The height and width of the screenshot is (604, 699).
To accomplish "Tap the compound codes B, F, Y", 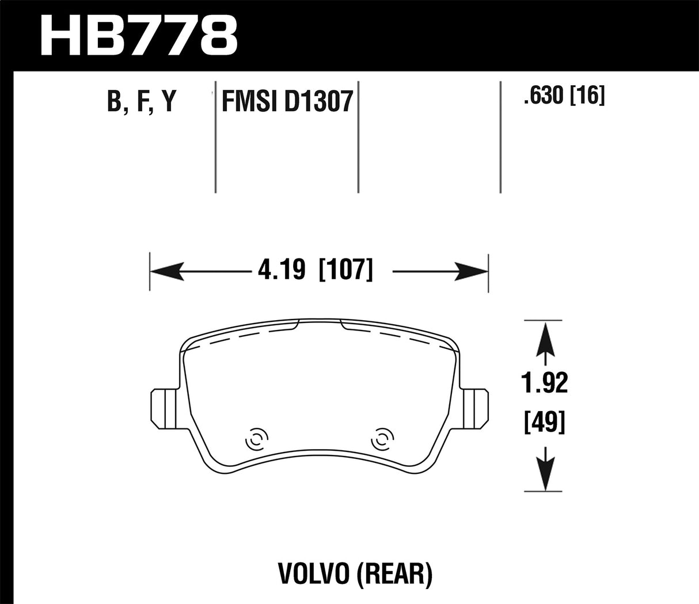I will coord(140,101).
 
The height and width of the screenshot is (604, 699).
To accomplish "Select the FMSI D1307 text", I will coord(287,102).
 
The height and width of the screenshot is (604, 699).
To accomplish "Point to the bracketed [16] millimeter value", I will coord(587,96).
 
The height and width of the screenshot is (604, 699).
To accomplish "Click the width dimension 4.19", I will coord(282,269).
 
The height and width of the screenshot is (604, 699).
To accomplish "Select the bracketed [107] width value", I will coord(346,269).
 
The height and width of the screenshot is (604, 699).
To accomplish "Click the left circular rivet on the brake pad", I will coord(254,440).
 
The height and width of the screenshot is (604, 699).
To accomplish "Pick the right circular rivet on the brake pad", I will coord(380,440).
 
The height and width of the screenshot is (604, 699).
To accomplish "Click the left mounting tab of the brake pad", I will coord(164,409).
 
